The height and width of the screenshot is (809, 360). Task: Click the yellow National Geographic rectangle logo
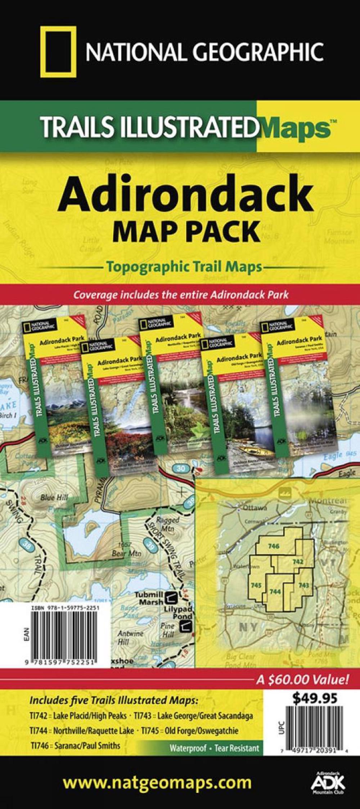tap(58, 52)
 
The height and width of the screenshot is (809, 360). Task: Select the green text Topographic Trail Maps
tap(183, 267)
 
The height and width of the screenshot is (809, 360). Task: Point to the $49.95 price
tap(315, 698)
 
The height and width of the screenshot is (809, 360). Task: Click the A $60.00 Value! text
tap(302, 680)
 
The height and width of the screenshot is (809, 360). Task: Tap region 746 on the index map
tap(274, 546)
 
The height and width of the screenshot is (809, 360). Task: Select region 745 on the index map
tap(256, 585)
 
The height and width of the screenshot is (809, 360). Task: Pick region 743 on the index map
tap(303, 585)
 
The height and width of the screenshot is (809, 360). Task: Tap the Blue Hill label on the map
tap(54, 498)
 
